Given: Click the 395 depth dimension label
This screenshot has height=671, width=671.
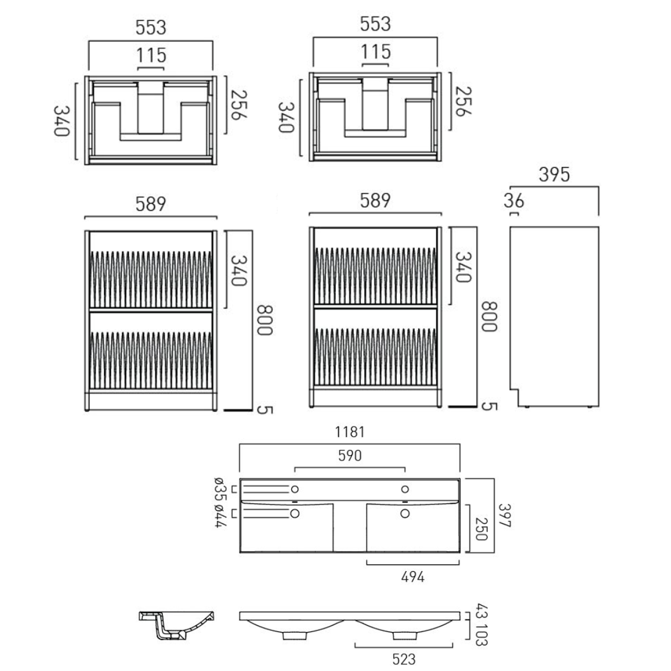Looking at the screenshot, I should [554, 174].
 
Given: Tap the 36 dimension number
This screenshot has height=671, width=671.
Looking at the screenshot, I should [514, 201].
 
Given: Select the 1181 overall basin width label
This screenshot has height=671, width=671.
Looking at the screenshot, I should [350, 432].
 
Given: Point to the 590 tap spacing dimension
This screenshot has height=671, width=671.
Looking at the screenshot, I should [350, 456].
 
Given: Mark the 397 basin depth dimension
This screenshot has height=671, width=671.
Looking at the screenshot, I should [505, 515].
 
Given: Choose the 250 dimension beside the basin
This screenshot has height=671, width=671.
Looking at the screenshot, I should [481, 529].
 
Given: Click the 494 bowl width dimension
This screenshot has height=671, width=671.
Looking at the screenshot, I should [412, 577].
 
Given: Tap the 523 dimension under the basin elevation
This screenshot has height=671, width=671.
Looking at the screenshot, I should [404, 659].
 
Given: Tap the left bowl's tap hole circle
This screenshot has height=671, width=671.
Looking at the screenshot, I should [295, 489].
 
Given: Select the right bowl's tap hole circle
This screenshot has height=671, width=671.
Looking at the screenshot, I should [405, 489].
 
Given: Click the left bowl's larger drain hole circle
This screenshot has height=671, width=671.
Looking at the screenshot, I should [295, 514].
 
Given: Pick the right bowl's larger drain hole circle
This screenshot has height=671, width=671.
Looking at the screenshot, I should [405, 514].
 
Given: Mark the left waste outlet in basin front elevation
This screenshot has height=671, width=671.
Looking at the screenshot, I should [295, 635].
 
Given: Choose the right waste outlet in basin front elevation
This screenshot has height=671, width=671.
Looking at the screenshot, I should [404, 635].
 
